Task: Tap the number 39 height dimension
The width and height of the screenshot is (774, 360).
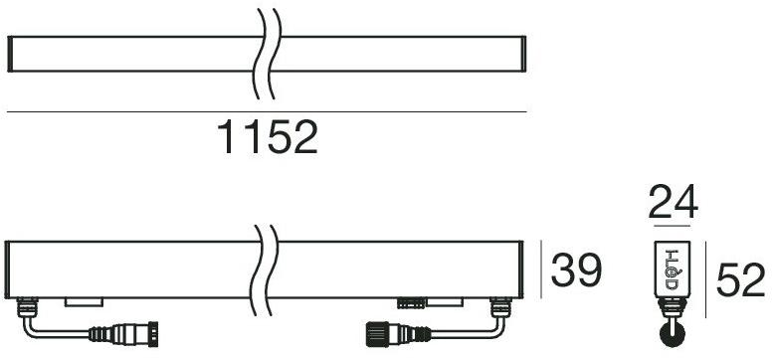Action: point(576,270)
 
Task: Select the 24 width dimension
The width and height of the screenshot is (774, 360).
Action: point(674,204)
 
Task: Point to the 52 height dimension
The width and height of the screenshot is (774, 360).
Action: point(741,280)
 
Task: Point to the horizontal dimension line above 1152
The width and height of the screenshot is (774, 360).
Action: point(266,112)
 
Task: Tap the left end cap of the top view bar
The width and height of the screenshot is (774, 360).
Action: point(10,53)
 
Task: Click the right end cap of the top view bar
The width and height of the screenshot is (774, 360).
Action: point(520,53)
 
